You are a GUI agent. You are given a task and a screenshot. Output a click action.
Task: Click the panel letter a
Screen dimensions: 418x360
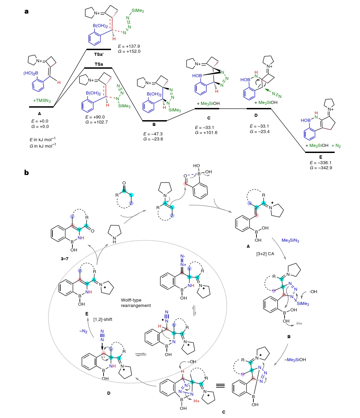point(26,12)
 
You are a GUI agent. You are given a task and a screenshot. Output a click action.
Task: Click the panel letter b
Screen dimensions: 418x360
point(26,173)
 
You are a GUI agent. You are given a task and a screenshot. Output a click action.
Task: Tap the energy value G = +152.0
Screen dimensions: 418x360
point(129,51)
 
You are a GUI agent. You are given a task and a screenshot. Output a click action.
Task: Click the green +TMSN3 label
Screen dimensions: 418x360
point(42,101)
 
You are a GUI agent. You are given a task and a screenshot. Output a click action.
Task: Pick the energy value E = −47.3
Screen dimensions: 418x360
point(153,134)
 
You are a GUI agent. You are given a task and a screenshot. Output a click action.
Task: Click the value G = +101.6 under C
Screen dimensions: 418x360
point(206,133)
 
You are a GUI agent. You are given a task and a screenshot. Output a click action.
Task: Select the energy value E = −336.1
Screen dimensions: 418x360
point(320,162)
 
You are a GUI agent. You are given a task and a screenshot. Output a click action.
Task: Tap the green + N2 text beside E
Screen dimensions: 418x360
point(336,146)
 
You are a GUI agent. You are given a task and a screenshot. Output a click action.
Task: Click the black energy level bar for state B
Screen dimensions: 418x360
point(154,120)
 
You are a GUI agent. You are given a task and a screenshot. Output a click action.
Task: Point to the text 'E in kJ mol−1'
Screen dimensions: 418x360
point(42,139)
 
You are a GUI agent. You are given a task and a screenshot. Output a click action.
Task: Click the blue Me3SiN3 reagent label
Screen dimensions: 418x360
point(290,240)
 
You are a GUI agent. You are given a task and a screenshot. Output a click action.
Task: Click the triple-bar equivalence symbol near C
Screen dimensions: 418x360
point(221,386)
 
